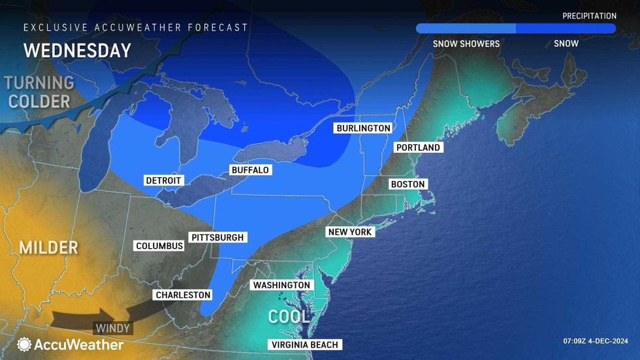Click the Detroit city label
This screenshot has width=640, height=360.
tap(163, 180)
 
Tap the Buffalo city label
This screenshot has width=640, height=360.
tap(250, 170)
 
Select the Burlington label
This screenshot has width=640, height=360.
tap(363, 128)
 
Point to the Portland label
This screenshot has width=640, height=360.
tap(418, 148)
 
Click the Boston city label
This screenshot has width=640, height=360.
tap(408, 184)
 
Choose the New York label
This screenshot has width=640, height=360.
tap(350, 232)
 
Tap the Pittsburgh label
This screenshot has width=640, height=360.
tap(217, 237)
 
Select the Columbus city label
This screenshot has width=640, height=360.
tap(159, 246)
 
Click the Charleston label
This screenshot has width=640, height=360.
tap(183, 295)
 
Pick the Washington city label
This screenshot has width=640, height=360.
tap(281, 286)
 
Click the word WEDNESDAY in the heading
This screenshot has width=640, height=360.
tap(77, 50)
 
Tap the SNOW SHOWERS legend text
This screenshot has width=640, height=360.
tap(466, 44)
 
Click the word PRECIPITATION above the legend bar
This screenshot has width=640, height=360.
tap(589, 16)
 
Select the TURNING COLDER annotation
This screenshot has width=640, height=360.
tap(39, 92)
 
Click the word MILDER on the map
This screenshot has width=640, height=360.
tap(48, 248)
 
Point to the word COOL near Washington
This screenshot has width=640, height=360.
tap(289, 317)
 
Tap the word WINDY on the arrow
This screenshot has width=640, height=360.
tap(113, 328)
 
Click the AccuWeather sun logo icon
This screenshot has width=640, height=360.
tap(25, 344)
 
